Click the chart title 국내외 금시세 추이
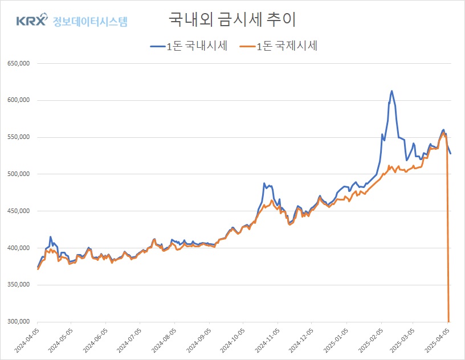pos(232,19)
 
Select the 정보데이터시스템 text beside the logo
pos(90,22)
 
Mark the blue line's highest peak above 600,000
pos(391,91)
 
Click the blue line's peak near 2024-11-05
pos(264,183)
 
